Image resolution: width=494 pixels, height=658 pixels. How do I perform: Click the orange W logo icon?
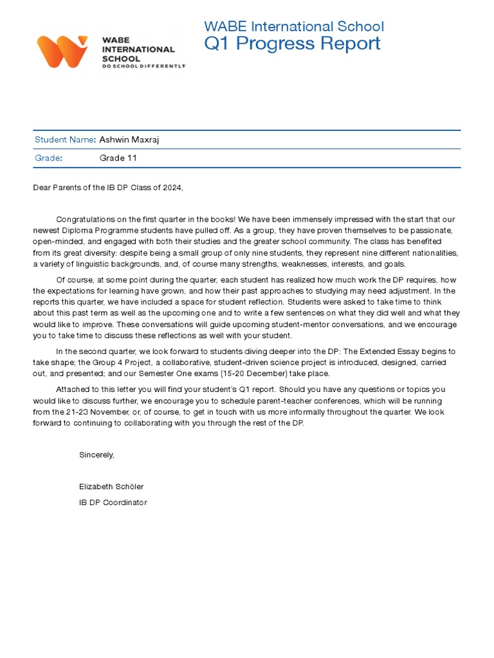point(63,51)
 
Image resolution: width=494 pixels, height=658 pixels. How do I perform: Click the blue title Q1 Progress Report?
point(292,44)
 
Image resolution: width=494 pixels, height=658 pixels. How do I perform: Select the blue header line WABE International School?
point(294,26)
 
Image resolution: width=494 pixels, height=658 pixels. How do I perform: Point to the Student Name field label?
point(64,139)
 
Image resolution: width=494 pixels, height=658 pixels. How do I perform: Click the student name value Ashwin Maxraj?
point(129,139)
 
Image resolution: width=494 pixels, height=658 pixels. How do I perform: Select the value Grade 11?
point(118,158)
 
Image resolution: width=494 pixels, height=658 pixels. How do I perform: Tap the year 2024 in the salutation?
point(172,188)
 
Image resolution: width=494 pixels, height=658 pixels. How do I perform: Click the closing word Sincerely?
point(96,454)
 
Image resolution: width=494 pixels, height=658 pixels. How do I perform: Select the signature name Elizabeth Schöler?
point(111,486)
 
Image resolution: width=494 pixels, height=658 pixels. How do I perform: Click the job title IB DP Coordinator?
point(113,502)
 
